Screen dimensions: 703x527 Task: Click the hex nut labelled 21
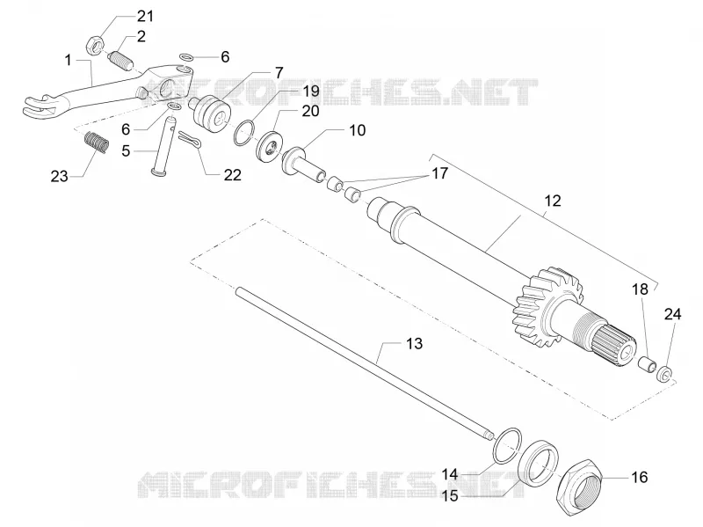(95, 47)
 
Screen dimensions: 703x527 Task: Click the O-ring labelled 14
(507, 445)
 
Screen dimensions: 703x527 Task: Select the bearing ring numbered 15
(539, 462)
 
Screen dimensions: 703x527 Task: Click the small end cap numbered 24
(665, 373)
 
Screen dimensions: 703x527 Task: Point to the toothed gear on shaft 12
(546, 308)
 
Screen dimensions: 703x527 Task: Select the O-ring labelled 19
(243, 134)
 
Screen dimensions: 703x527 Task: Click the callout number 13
(414, 343)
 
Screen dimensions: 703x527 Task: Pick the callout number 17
(440, 172)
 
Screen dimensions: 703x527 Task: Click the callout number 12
(553, 201)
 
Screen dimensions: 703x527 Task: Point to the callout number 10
(358, 130)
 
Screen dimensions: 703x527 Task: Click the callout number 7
(279, 73)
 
